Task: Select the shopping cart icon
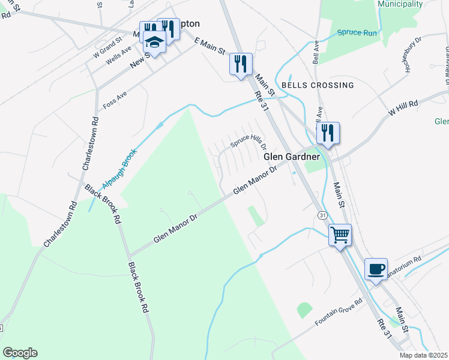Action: (340, 235)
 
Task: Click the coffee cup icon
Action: (376, 269)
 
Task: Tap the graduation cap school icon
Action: (154, 42)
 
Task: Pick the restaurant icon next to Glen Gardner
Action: (328, 133)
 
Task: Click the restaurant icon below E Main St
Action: (241, 64)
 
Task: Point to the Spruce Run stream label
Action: (357, 32)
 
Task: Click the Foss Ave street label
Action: (115, 97)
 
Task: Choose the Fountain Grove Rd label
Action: (339, 312)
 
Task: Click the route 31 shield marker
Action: (322, 215)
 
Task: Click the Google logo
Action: (20, 353)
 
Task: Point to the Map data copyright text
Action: (424, 355)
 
